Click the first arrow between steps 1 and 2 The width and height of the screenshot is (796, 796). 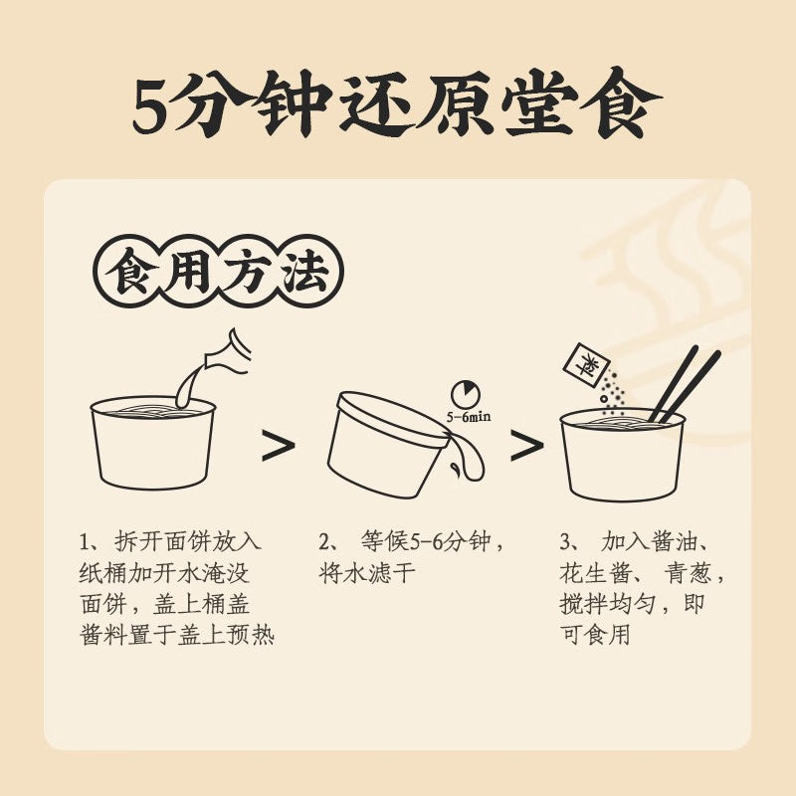(278, 447)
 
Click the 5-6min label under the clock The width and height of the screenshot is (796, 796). (469, 417)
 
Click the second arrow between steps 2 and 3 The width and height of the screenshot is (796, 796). (526, 447)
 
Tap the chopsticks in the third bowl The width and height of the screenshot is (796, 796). (685, 383)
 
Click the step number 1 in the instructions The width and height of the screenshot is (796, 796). (86, 543)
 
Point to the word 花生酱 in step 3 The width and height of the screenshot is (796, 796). (591, 574)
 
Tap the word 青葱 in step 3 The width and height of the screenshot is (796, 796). (688, 574)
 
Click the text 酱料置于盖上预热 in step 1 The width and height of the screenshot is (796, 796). (176, 636)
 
